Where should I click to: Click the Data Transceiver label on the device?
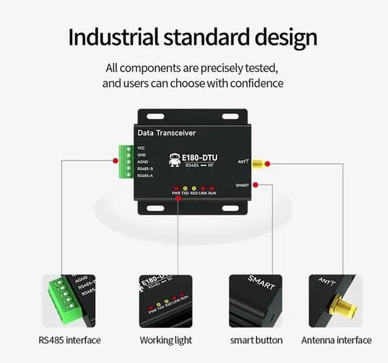pos(167,132)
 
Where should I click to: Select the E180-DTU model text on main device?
pos(200,157)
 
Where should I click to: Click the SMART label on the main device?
pos(241,186)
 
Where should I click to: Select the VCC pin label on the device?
pos(141,148)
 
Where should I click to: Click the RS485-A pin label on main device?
pos(145,175)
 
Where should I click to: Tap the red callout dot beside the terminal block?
pos(115,160)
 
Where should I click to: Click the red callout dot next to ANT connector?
pos(268,163)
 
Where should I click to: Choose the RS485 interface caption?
pos(70,340)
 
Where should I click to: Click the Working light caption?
pos(166,340)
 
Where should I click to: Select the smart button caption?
pos(256,340)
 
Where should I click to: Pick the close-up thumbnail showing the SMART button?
pos(256,301)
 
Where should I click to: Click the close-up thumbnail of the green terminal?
pos(69,301)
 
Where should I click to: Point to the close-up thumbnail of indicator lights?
pos(166,301)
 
